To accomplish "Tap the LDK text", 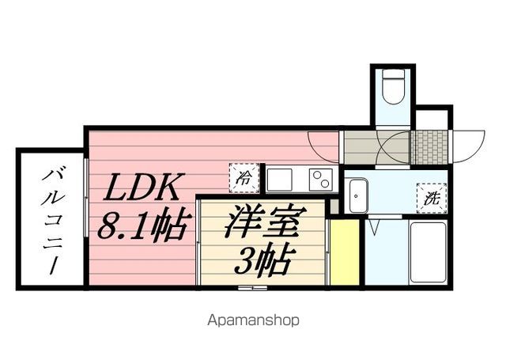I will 146,190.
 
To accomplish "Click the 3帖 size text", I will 263,259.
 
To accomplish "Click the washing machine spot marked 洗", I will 432,198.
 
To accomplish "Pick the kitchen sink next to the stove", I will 280,180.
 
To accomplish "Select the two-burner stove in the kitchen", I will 319,180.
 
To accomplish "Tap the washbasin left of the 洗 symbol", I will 357,194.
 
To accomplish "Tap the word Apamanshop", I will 253,320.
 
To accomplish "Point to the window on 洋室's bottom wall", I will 259,289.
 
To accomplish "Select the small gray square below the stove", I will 334,205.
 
